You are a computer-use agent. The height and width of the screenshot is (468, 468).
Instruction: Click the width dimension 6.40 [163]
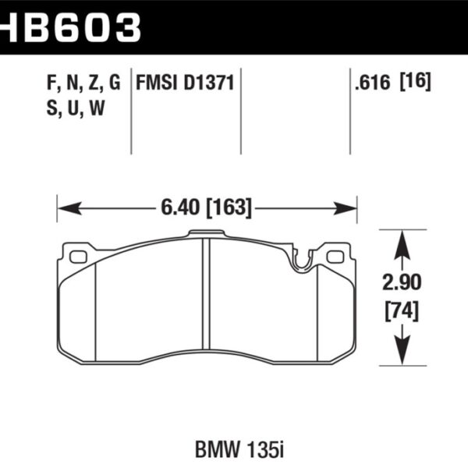(x=206, y=208)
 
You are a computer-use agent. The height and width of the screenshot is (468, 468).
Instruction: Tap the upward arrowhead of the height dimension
(x=402, y=242)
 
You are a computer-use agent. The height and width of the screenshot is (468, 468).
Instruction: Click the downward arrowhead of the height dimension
(x=402, y=355)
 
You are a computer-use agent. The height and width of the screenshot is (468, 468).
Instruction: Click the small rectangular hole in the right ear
(x=335, y=256)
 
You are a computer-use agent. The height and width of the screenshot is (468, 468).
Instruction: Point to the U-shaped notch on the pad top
(x=300, y=264)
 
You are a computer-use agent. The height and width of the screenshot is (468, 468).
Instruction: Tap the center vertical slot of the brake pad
(x=207, y=300)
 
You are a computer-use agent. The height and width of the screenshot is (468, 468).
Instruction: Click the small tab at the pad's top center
(x=207, y=233)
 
